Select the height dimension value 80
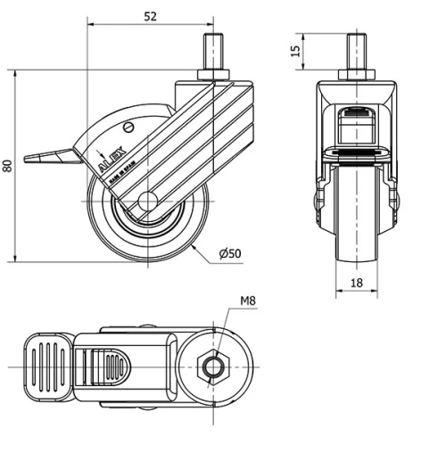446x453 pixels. [8, 164]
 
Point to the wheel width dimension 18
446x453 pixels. [357, 284]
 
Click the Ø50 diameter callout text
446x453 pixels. [230, 254]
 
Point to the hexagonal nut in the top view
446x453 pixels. [215, 367]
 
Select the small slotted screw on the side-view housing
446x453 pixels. [130, 128]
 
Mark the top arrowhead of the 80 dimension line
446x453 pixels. [17, 73]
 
